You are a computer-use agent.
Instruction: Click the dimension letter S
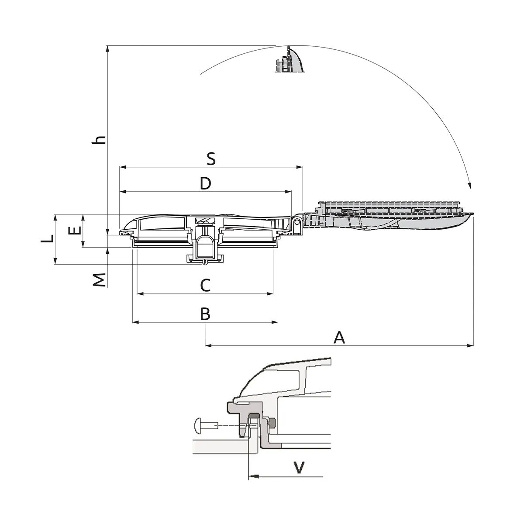pos(211,159)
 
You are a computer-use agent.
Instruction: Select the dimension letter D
pos(206,183)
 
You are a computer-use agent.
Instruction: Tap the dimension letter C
pos(205,285)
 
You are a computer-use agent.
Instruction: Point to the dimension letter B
pos(205,314)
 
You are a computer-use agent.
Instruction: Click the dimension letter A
pos(339,338)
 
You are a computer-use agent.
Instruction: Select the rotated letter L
pos(47,238)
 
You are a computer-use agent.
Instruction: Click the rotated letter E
pos(75,230)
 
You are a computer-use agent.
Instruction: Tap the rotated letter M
pos(99,280)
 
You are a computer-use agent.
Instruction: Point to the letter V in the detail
pos(299,467)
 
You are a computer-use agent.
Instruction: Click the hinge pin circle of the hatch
pos(297,222)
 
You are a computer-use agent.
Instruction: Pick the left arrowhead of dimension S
pos(123,167)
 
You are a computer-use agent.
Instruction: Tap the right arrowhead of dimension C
pos(270,294)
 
